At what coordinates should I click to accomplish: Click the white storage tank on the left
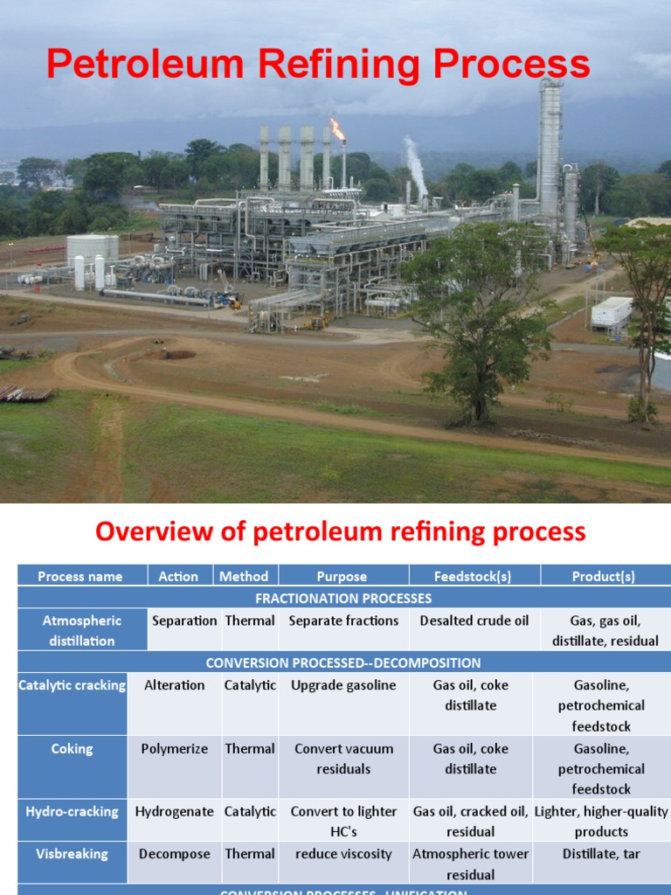(x=92, y=248)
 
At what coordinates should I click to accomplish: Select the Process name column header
(x=80, y=576)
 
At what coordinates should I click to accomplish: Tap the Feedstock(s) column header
(x=474, y=576)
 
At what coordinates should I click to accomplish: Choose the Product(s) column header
(x=604, y=576)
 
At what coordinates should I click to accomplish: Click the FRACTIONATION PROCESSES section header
(x=343, y=599)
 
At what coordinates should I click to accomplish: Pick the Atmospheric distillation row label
(x=82, y=630)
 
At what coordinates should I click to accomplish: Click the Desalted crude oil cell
(x=474, y=621)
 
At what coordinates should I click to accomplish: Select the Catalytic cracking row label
(x=73, y=685)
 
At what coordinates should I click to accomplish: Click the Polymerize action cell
(x=174, y=748)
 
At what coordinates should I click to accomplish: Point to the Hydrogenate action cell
(x=174, y=811)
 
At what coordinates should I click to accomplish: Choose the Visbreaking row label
(x=73, y=854)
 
